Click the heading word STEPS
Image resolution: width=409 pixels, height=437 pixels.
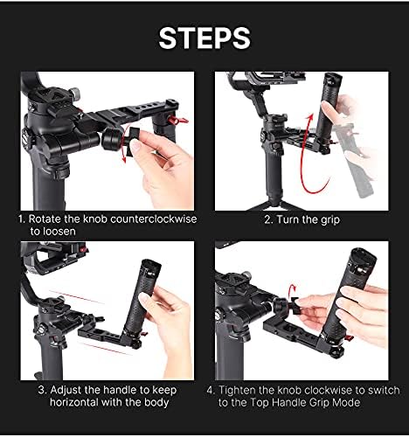(x=204, y=37)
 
